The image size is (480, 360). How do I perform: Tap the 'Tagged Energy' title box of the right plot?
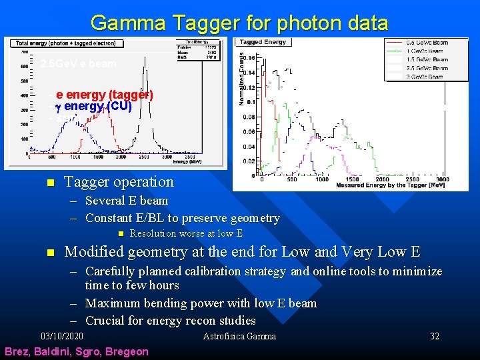[263, 42]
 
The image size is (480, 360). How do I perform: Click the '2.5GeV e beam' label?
[78, 65]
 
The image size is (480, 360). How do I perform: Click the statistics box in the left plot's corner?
[199, 52]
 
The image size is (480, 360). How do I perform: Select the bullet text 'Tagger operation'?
[118, 182]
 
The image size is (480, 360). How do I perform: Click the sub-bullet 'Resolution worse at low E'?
[186, 233]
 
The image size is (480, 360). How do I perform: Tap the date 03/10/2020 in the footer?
[62, 336]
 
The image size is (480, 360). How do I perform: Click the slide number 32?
[435, 336]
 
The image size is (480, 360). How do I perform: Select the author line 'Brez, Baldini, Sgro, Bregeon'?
[77, 351]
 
